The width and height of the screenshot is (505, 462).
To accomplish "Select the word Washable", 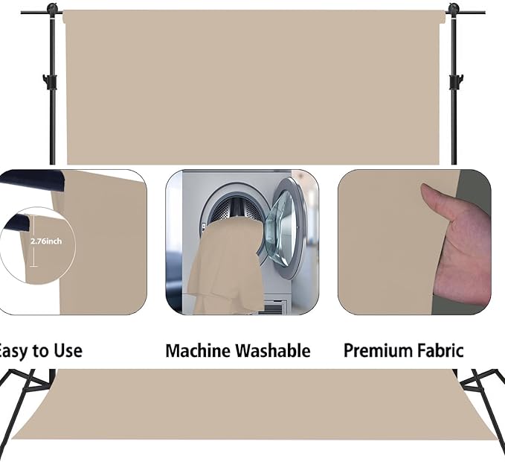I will pyautogui.click(x=272, y=350).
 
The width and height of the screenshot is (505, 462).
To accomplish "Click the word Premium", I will pyautogui.click(x=376, y=350).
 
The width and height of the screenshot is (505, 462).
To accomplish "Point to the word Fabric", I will pyautogui.click(x=440, y=350).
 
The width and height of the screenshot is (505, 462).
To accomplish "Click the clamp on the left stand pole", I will pyautogui.click(x=51, y=80).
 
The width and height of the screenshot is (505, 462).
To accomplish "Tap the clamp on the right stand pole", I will pyautogui.click(x=455, y=80).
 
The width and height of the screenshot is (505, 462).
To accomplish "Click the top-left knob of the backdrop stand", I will pyautogui.click(x=52, y=10).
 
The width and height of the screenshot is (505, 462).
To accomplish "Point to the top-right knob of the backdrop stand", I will pyautogui.click(x=454, y=10).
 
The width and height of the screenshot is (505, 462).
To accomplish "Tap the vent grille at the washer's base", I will pyautogui.click(x=274, y=307).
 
